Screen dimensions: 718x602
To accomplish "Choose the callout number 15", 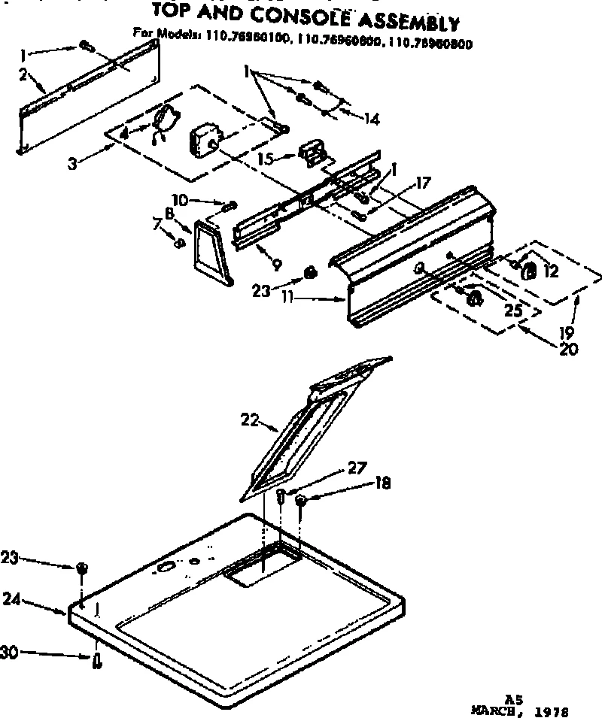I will coord(263,159).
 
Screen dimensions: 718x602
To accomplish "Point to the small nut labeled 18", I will coord(300,501).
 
